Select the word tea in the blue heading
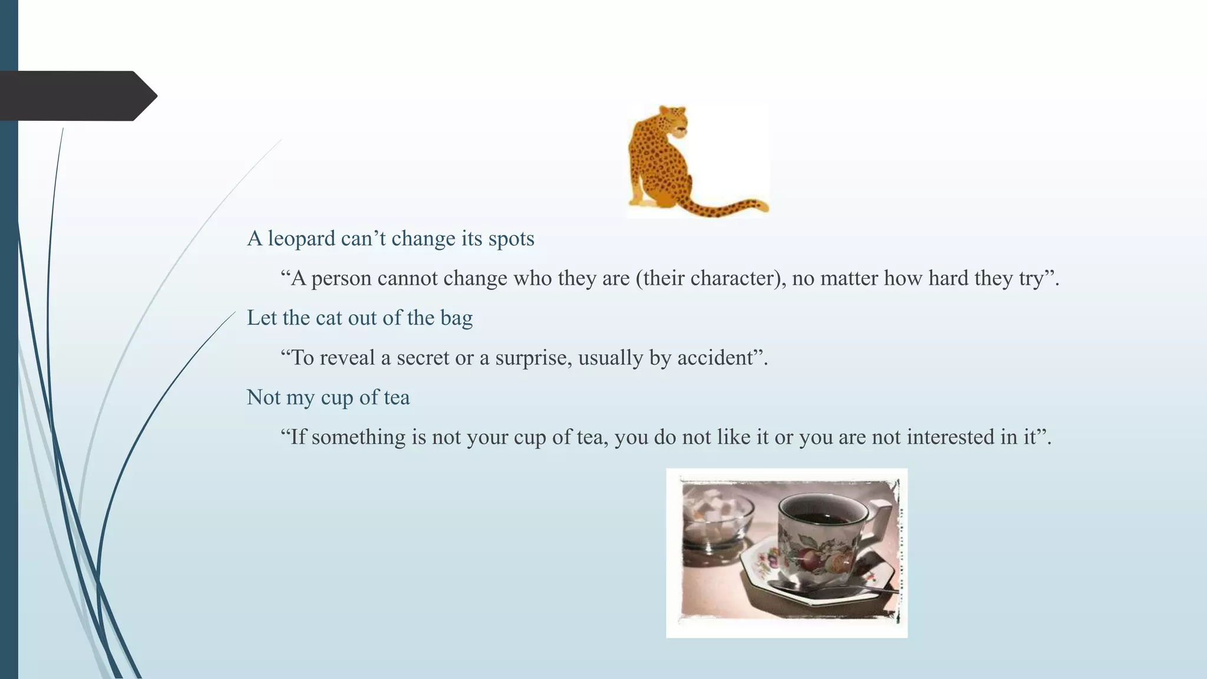[x=397, y=398]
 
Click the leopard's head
[x=673, y=120]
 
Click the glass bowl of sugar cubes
[x=716, y=522]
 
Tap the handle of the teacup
[x=882, y=519]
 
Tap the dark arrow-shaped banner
[x=77, y=96]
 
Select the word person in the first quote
[x=341, y=279]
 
